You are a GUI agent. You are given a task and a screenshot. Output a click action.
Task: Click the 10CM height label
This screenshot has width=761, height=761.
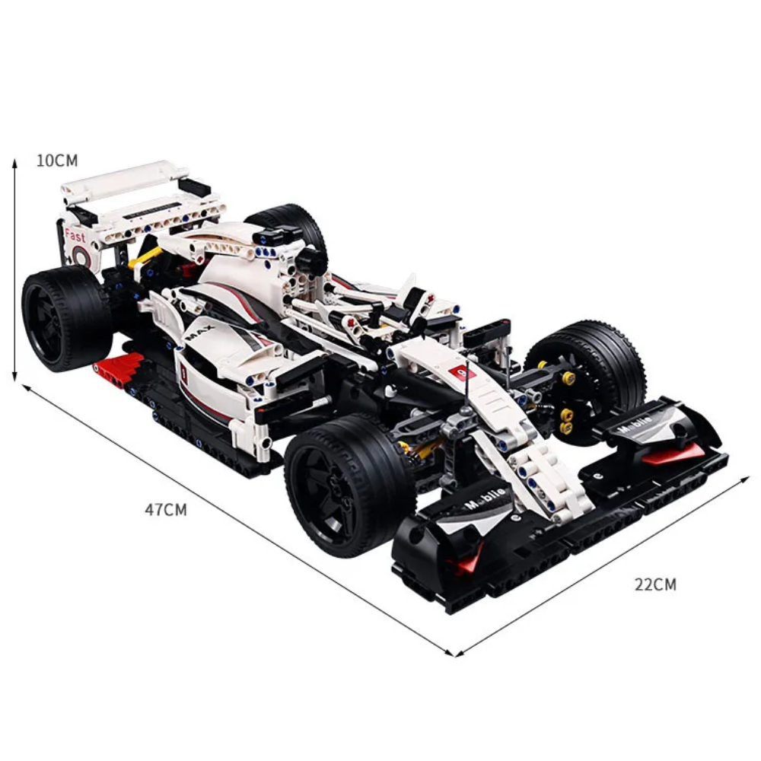57,161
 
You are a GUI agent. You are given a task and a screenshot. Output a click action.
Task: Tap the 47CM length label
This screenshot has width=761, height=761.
166,510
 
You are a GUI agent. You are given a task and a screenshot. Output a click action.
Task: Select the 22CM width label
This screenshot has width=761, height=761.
655,584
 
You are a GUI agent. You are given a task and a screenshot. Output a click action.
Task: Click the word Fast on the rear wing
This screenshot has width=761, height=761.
75,236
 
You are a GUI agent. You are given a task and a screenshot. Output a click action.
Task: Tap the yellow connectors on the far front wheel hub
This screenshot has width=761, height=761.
567,403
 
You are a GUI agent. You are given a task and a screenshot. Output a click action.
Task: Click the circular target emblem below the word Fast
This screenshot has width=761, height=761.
82,257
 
